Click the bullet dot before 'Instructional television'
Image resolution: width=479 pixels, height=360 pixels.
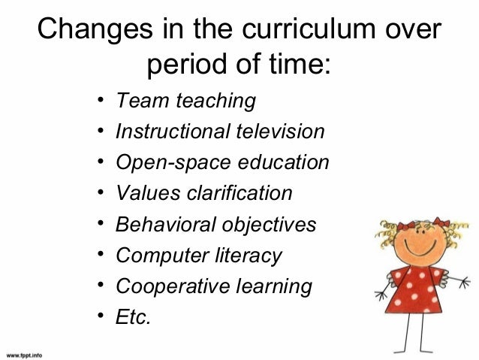[x=100, y=132]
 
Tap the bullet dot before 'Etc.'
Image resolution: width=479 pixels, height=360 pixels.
[x=100, y=317]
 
